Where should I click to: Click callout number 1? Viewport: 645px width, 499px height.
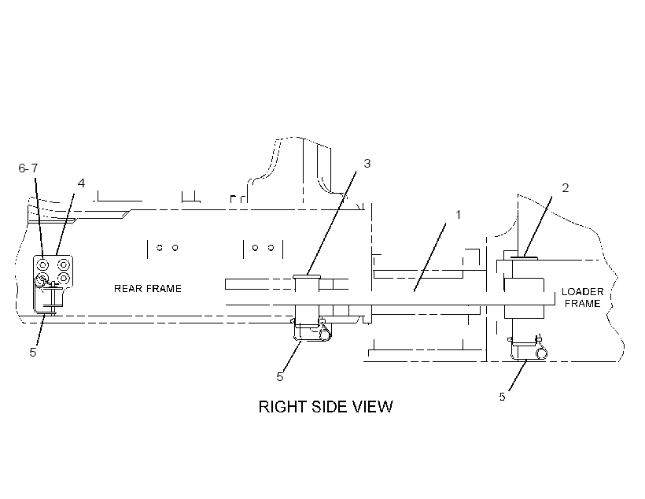click(x=458, y=215)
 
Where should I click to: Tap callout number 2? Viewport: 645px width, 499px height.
click(x=566, y=188)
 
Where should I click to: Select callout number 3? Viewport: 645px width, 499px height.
click(x=367, y=164)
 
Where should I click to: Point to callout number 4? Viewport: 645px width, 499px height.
click(x=81, y=183)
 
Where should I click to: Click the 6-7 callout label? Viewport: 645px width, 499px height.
click(x=28, y=168)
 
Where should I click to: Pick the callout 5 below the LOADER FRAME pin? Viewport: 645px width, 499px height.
click(x=503, y=397)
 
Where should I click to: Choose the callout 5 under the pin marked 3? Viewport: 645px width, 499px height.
click(x=280, y=377)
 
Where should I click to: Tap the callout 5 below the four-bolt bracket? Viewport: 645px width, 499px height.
click(x=33, y=352)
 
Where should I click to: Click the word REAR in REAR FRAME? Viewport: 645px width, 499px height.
click(x=127, y=289)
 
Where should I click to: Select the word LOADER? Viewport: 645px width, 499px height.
click(x=583, y=292)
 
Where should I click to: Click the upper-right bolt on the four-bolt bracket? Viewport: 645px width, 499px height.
click(x=64, y=264)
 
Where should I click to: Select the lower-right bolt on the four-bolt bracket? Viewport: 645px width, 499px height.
click(x=64, y=279)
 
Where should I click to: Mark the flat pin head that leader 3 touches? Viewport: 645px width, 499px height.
click(x=307, y=277)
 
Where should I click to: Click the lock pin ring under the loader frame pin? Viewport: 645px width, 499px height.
click(x=542, y=353)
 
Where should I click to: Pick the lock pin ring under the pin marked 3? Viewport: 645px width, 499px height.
click(x=325, y=333)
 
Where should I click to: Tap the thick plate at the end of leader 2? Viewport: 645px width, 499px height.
click(x=524, y=258)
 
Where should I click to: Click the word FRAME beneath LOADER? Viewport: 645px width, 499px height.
click(x=583, y=304)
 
